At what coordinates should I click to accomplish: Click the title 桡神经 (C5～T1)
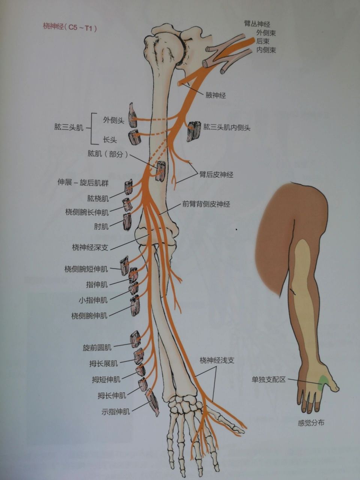tap(70, 27)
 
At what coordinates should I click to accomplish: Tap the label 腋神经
tap(216, 95)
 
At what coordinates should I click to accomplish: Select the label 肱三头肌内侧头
tap(227, 127)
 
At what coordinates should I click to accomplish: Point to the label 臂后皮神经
tap(216, 174)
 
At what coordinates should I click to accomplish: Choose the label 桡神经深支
tap(90, 247)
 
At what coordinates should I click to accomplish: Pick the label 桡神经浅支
tap(217, 360)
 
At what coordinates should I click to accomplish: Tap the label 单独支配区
tap(268, 379)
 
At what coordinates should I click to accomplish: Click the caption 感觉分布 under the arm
tap(311, 423)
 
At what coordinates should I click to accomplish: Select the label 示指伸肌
tap(115, 411)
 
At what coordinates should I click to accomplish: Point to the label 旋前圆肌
tap(97, 348)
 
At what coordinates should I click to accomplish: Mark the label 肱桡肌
tap(98, 198)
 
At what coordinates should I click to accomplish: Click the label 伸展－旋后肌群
tap(83, 183)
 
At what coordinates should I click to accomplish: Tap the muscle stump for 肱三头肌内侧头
tap(194, 131)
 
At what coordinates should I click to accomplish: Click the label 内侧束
tap(266, 50)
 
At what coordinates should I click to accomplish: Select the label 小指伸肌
tap(93, 300)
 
